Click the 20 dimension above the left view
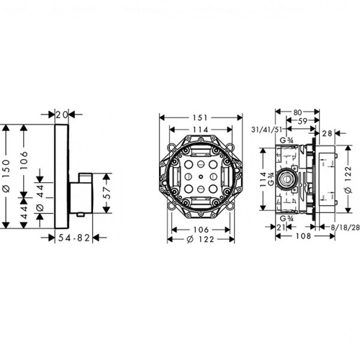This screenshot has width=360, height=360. (x=62, y=114)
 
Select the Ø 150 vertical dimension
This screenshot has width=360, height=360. (x=6, y=176)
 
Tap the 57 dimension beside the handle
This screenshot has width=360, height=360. (x=107, y=193)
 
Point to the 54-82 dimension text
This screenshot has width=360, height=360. (x=74, y=238)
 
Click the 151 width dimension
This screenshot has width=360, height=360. (x=201, y=117)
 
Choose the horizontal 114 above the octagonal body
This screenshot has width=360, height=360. (x=201, y=130)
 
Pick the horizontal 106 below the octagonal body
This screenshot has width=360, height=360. (x=201, y=230)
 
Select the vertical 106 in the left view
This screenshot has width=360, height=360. (x=24, y=161)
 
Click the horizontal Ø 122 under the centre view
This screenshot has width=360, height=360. (x=200, y=239)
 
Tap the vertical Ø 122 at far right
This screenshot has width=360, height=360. (x=348, y=179)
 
